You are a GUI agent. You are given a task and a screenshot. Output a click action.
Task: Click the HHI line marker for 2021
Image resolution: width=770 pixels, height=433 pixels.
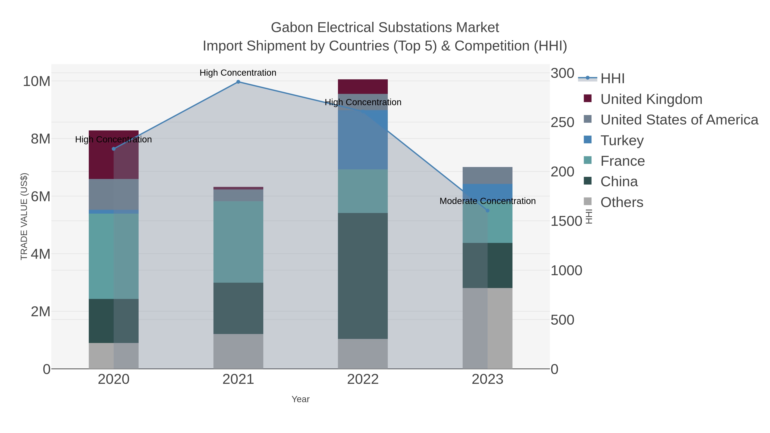point(238,82)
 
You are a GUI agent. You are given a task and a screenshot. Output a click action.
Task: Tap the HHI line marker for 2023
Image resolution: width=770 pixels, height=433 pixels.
point(487,211)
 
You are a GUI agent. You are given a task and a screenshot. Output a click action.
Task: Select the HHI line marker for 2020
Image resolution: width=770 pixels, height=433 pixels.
point(114,149)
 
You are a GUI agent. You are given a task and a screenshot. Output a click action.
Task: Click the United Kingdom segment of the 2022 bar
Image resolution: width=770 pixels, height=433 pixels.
point(363,87)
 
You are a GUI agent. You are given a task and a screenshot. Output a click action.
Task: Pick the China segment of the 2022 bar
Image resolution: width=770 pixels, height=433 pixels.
point(363,276)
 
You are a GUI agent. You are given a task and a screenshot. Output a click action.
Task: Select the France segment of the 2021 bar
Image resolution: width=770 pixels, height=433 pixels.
point(238,242)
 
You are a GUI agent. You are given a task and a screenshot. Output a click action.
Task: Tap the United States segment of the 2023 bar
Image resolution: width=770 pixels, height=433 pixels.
point(487,175)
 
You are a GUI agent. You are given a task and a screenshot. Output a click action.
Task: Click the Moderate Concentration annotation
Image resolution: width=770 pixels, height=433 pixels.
point(487,201)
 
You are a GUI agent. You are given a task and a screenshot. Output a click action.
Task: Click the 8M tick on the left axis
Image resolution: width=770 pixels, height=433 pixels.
point(40,139)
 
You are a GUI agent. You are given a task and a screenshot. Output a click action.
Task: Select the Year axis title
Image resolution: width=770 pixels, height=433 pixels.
point(301,399)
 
